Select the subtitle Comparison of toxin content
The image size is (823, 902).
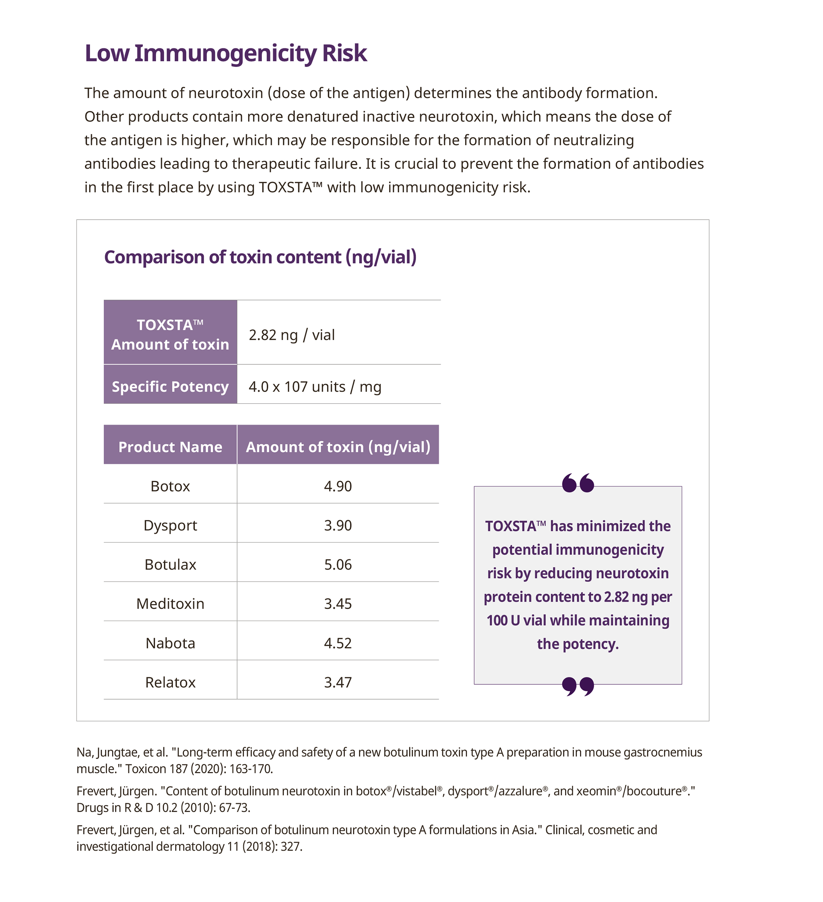click(260, 257)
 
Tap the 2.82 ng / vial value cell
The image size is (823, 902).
click(292, 335)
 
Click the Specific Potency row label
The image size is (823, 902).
click(170, 386)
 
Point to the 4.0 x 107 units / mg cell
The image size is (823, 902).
click(315, 386)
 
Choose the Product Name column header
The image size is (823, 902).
click(170, 447)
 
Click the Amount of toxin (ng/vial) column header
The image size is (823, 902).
click(338, 447)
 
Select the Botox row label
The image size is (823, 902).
click(170, 486)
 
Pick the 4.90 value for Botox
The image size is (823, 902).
click(338, 486)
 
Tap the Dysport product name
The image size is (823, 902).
click(170, 525)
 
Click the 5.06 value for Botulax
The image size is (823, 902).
click(338, 565)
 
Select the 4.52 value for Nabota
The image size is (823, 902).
click(338, 643)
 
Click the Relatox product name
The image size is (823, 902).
click(170, 682)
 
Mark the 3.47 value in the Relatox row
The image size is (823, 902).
click(338, 682)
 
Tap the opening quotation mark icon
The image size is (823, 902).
click(578, 483)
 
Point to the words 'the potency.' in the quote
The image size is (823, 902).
click(578, 644)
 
